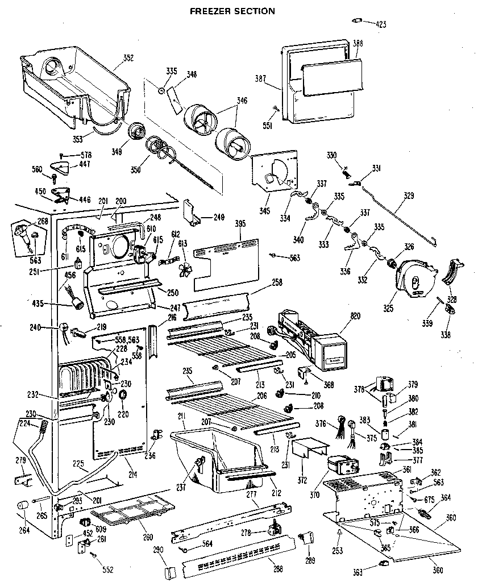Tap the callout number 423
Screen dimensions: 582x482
pos(380,24)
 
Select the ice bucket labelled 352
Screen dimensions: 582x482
pos(74,85)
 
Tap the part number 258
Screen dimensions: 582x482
pos(261,282)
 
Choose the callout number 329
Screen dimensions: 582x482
pos(409,196)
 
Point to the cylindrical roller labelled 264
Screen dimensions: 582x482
pos(23,506)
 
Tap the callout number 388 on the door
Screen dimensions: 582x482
pos(358,43)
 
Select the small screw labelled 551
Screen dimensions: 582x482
pos(276,108)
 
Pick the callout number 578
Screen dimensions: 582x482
pos(85,155)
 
